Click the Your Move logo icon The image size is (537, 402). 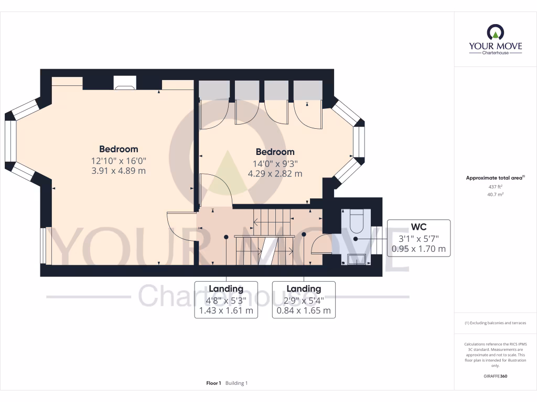tap(495, 32)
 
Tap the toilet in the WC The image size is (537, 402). tap(356, 221)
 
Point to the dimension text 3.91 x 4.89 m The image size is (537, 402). tap(119, 171)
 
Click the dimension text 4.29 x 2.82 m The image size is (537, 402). tap(275, 173)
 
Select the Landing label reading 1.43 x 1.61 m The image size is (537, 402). tap(226, 310)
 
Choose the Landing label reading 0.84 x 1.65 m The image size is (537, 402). tap(304, 310)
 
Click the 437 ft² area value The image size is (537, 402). tap(495, 187)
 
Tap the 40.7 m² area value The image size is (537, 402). tap(495, 194)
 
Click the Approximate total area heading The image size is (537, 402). tap(495, 178)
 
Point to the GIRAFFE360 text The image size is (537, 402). tap(495, 376)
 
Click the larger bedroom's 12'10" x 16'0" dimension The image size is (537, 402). tap(119, 161)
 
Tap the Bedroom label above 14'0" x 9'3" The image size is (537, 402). tap(275, 152)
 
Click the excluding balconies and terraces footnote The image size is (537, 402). tap(495, 323)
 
